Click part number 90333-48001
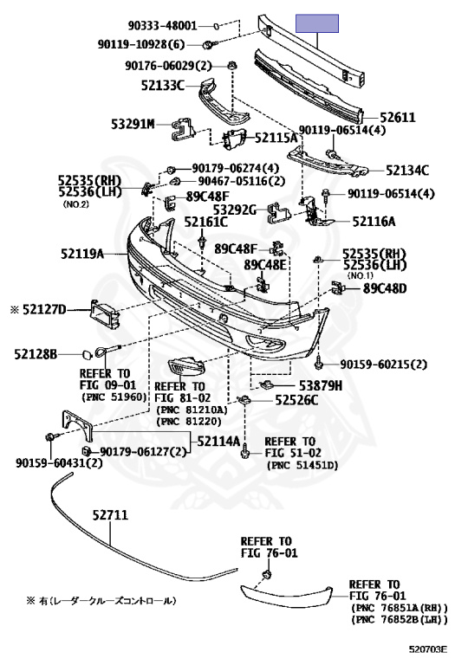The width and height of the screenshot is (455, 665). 163,26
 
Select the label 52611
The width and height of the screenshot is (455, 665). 397,117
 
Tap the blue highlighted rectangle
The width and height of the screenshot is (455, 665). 317,23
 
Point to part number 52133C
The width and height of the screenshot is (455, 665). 163,86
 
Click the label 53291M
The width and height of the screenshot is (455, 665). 133,125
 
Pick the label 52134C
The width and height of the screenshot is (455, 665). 407,171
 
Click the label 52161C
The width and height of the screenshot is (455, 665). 206,222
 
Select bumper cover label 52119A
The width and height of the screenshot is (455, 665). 82,254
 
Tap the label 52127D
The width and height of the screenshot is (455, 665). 44,310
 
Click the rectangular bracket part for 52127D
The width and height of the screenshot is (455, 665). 104,313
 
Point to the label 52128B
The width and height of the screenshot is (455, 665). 36,354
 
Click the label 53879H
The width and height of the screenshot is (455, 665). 321,385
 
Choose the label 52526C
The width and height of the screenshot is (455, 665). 296,400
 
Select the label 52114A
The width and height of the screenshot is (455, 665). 218,442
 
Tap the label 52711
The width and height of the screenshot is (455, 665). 110,515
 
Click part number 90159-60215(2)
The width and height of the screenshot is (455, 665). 384,365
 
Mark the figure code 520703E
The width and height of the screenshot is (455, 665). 428,649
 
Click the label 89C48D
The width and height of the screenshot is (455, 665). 385,289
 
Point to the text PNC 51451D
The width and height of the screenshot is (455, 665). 302,466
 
